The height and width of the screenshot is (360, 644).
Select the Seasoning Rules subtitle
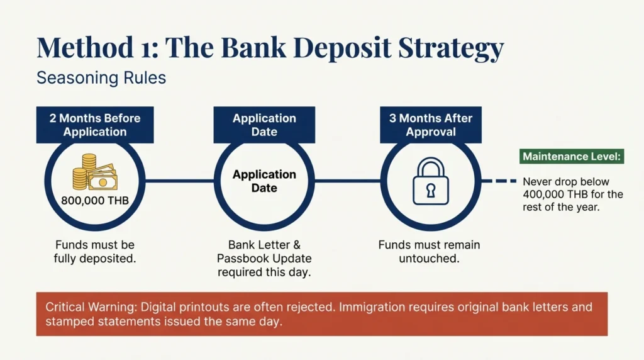pyautogui.click(x=101, y=79)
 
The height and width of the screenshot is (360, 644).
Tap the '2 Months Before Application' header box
pyautogui.click(x=95, y=125)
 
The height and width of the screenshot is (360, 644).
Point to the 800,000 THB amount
pyautogui.click(x=94, y=201)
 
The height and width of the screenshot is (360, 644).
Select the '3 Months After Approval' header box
pyautogui.click(x=430, y=125)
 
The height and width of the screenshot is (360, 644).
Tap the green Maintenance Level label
pyautogui.click(x=572, y=157)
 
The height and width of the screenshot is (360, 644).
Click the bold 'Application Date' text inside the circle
pyautogui.click(x=264, y=181)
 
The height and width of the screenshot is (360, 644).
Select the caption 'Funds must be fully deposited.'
pyautogui.click(x=94, y=251)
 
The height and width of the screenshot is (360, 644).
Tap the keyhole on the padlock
pyautogui.click(x=431, y=188)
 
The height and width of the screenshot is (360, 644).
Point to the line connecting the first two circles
pyautogui.click(x=179, y=181)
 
